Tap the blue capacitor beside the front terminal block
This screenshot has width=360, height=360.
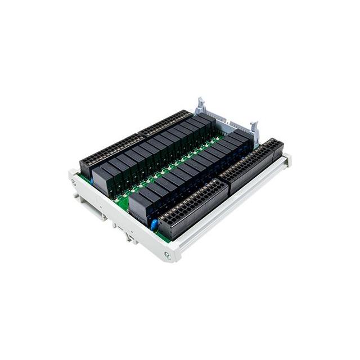pyautogui.click(x=153, y=224)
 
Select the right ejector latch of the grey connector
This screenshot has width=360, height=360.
pyautogui.click(x=254, y=127)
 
